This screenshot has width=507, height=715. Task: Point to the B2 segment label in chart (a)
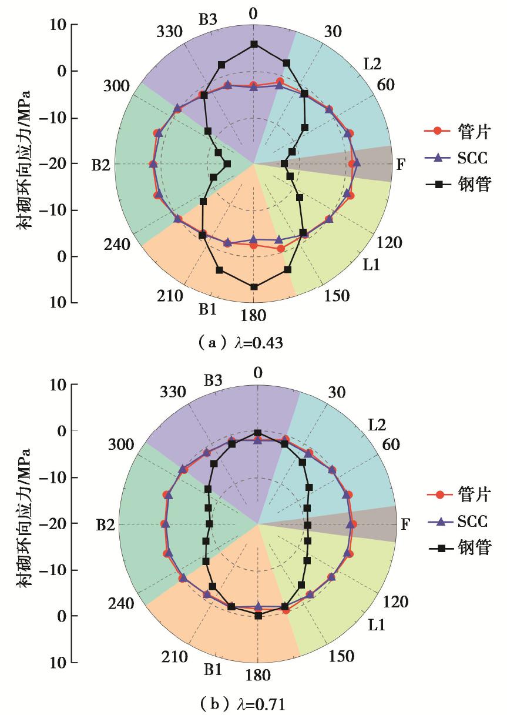click(x=102, y=165)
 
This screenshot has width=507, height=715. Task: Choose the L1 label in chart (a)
click(x=371, y=265)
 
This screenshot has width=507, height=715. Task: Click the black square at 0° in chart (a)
click(x=254, y=44)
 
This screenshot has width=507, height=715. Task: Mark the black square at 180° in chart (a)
click(x=254, y=287)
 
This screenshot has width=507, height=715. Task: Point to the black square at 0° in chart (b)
click(x=258, y=433)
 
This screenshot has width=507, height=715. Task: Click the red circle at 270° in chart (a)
click(x=153, y=163)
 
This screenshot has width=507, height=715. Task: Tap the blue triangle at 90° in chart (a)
click(x=356, y=163)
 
